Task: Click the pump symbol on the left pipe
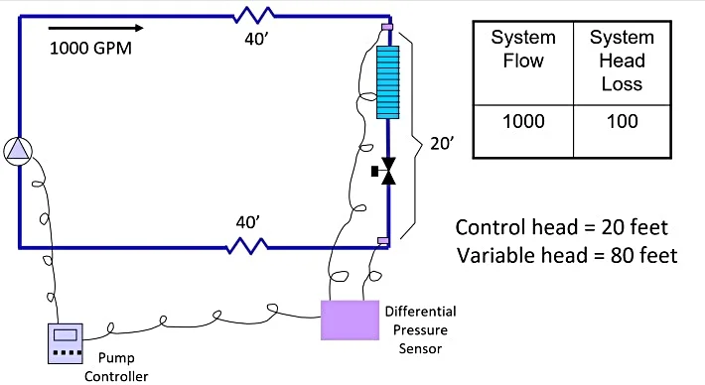click(18, 150)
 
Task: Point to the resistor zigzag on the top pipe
click(253, 15)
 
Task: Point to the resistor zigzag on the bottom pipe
click(245, 244)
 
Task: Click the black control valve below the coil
click(387, 172)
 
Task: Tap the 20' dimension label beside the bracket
click(442, 144)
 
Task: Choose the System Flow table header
click(517, 49)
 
